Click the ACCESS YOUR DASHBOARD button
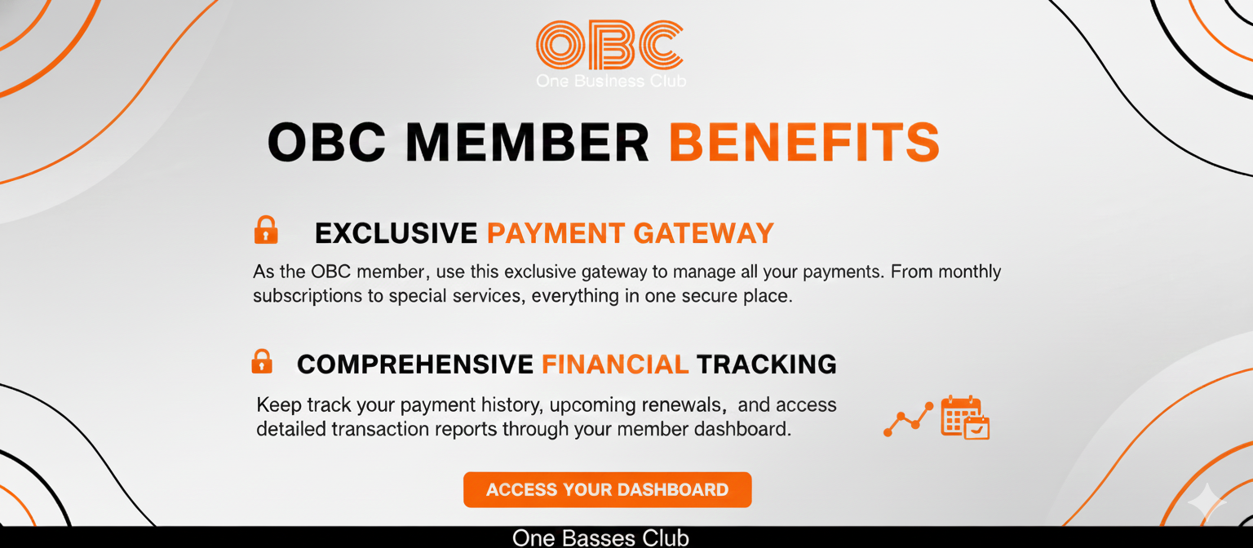click(x=607, y=490)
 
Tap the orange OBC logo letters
click(x=609, y=45)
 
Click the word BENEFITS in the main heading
click(x=804, y=143)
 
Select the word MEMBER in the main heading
click(x=527, y=143)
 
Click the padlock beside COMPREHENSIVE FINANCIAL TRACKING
click(x=262, y=361)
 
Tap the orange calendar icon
click(x=964, y=417)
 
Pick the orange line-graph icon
click(x=908, y=419)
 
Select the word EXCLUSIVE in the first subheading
click(x=396, y=234)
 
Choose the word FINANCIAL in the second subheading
click(x=615, y=365)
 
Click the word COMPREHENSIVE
click(x=415, y=365)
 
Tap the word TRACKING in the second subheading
click(x=767, y=365)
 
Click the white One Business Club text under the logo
click(x=610, y=81)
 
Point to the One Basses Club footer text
click(x=600, y=538)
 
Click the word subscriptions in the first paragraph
click(x=308, y=296)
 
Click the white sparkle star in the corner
click(x=1206, y=504)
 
